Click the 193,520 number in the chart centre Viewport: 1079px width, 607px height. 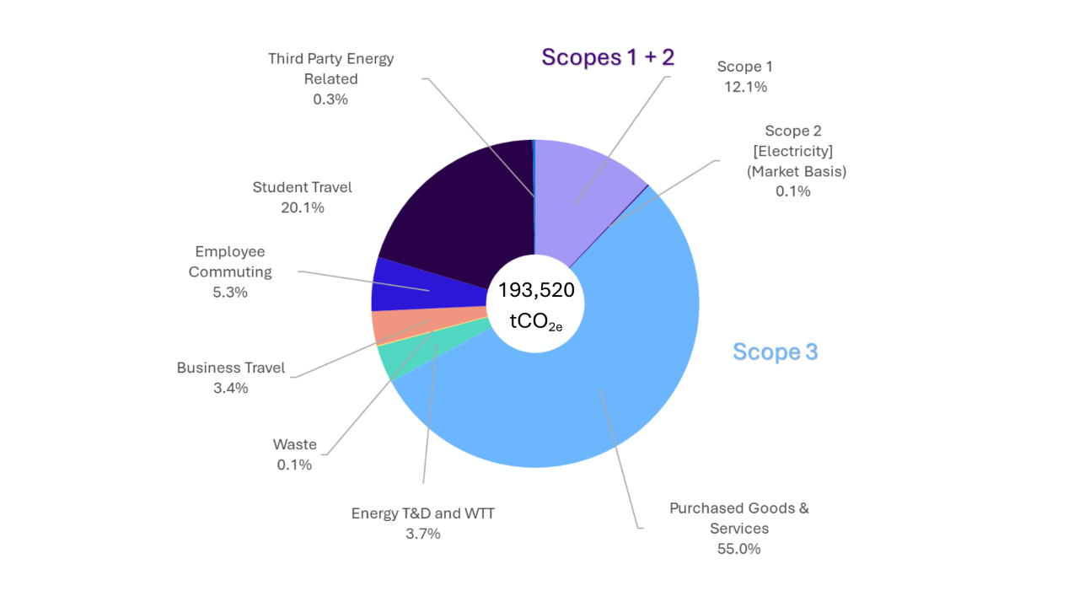coord(536,291)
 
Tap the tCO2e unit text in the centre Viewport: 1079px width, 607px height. coord(536,321)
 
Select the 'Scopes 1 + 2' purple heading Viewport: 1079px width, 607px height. coord(608,57)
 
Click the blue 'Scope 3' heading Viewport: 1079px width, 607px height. coord(775,352)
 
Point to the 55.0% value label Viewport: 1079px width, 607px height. coord(738,549)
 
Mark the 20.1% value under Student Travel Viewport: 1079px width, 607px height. coord(303,207)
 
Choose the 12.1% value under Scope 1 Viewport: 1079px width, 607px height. coord(745,87)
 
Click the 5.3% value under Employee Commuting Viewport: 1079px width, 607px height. coord(230,293)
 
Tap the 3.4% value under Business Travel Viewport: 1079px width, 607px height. coord(231,389)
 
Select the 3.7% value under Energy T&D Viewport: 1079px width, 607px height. coord(422,534)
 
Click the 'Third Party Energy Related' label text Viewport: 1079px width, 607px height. coord(331,68)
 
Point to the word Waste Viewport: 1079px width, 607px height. coord(295,444)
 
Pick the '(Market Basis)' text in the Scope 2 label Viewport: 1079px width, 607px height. coord(796,171)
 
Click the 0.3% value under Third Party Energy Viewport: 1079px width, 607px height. coord(330,99)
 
